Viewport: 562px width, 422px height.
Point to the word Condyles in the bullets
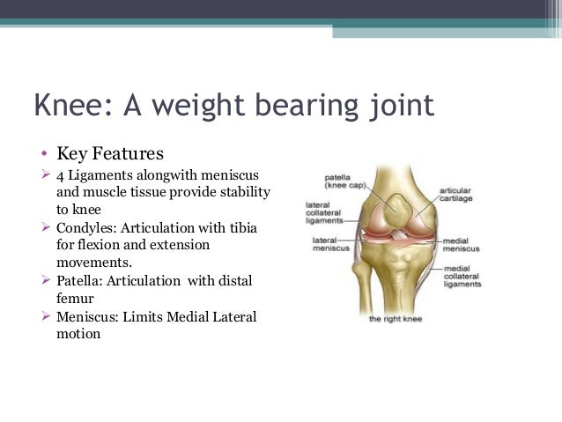tap(86, 227)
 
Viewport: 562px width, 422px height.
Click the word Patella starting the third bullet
tap(82, 281)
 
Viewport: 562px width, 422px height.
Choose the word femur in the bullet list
tap(74, 299)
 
